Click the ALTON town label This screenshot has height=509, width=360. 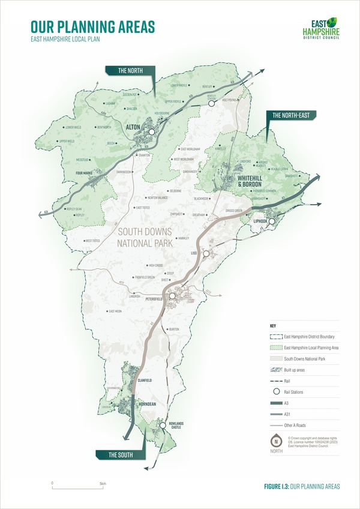[134, 127]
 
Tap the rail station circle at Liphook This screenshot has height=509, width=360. [271, 221]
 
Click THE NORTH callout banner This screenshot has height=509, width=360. [130, 71]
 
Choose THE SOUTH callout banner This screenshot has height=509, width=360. [121, 456]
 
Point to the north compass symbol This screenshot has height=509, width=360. [277, 439]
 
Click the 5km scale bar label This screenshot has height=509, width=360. [103, 483]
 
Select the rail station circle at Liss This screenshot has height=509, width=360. [206, 254]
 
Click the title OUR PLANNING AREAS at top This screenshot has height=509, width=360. [92, 26]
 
